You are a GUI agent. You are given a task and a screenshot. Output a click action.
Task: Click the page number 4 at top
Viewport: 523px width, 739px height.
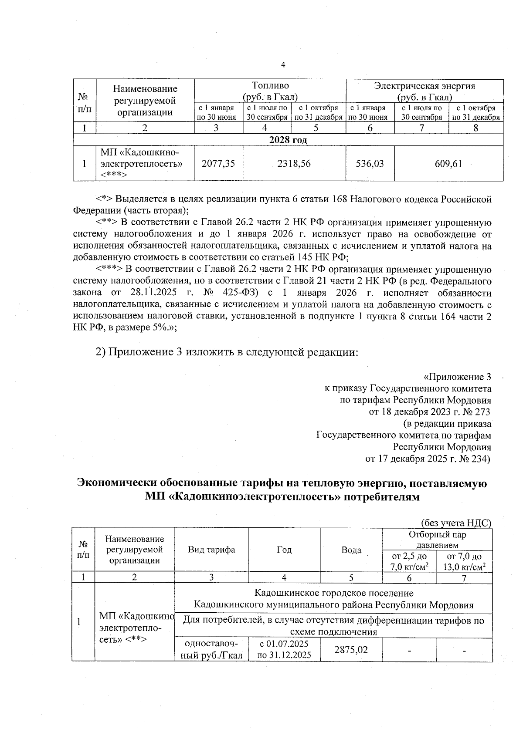[283, 65]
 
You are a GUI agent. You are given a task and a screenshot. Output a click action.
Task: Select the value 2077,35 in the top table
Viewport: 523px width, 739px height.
[218, 163]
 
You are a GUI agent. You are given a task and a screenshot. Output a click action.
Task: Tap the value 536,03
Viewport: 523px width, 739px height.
[370, 163]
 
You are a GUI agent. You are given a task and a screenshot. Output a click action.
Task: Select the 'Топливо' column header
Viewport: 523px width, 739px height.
[270, 86]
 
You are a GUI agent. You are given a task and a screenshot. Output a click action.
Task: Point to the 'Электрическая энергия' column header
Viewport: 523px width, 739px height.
[425, 86]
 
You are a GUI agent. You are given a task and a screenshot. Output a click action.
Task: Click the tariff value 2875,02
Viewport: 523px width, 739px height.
[351, 650]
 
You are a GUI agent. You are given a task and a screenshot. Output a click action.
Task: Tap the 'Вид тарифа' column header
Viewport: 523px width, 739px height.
[211, 549]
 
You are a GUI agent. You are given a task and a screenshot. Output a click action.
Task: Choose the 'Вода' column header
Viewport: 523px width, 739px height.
[351, 550]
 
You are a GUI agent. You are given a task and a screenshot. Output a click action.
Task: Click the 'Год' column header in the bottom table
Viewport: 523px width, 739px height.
[284, 550]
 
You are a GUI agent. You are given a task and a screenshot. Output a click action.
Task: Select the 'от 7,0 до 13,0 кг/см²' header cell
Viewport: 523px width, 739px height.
[464, 561]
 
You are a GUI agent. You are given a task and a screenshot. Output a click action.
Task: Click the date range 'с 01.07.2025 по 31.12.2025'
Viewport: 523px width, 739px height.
[284, 649]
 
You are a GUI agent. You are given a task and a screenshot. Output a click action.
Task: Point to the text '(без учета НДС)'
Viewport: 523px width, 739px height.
[456, 523]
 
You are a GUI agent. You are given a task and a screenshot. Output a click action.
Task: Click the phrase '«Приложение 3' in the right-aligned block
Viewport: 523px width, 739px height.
[457, 377]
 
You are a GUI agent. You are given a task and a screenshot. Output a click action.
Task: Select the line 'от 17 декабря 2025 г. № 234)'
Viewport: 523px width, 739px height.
[428, 459]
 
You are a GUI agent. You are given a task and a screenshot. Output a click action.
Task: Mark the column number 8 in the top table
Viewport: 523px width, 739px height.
[475, 128]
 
